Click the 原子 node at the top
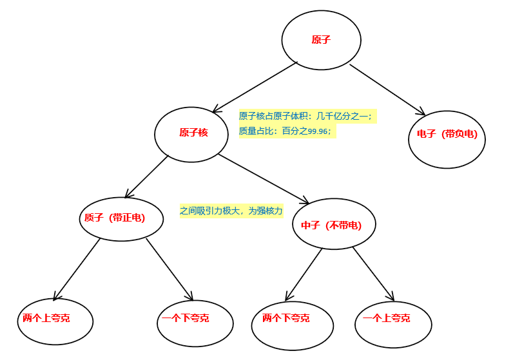click(x=321, y=40)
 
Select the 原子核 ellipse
click(x=191, y=134)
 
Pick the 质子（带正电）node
click(x=121, y=219)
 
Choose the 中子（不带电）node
click(x=333, y=224)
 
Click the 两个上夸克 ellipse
click(x=55, y=321)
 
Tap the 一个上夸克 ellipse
click(x=392, y=324)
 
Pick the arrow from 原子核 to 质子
click(x=146, y=176)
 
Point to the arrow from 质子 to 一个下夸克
click(x=169, y=269)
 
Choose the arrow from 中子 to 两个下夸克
click(x=304, y=274)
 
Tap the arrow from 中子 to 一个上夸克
click(x=373, y=274)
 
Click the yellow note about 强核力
click(x=231, y=211)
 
